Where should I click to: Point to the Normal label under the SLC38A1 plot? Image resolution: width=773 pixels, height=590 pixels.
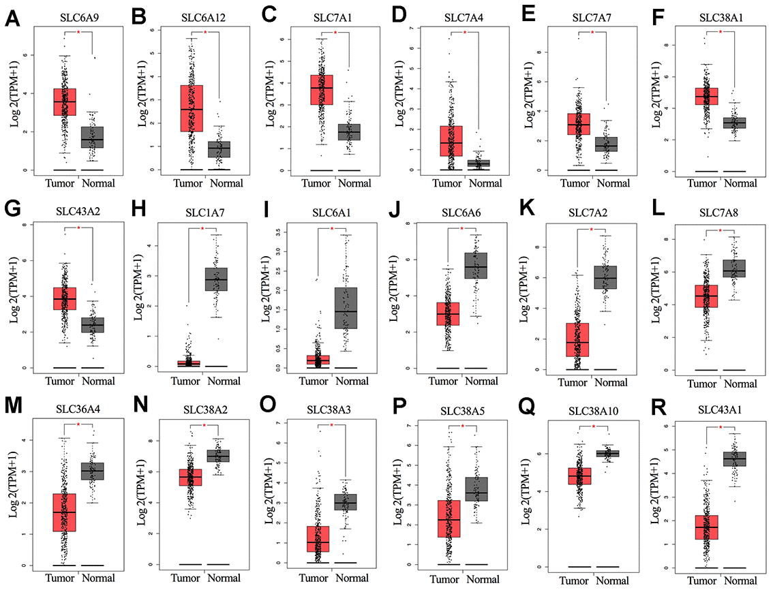pyautogui.click(x=740, y=183)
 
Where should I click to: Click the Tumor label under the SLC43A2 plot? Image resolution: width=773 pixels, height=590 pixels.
pyautogui.click(x=65, y=380)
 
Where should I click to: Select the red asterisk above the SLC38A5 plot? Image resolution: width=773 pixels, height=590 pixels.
pyautogui.click(x=464, y=427)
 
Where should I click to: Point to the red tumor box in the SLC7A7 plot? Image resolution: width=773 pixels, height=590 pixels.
pyautogui.click(x=579, y=125)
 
